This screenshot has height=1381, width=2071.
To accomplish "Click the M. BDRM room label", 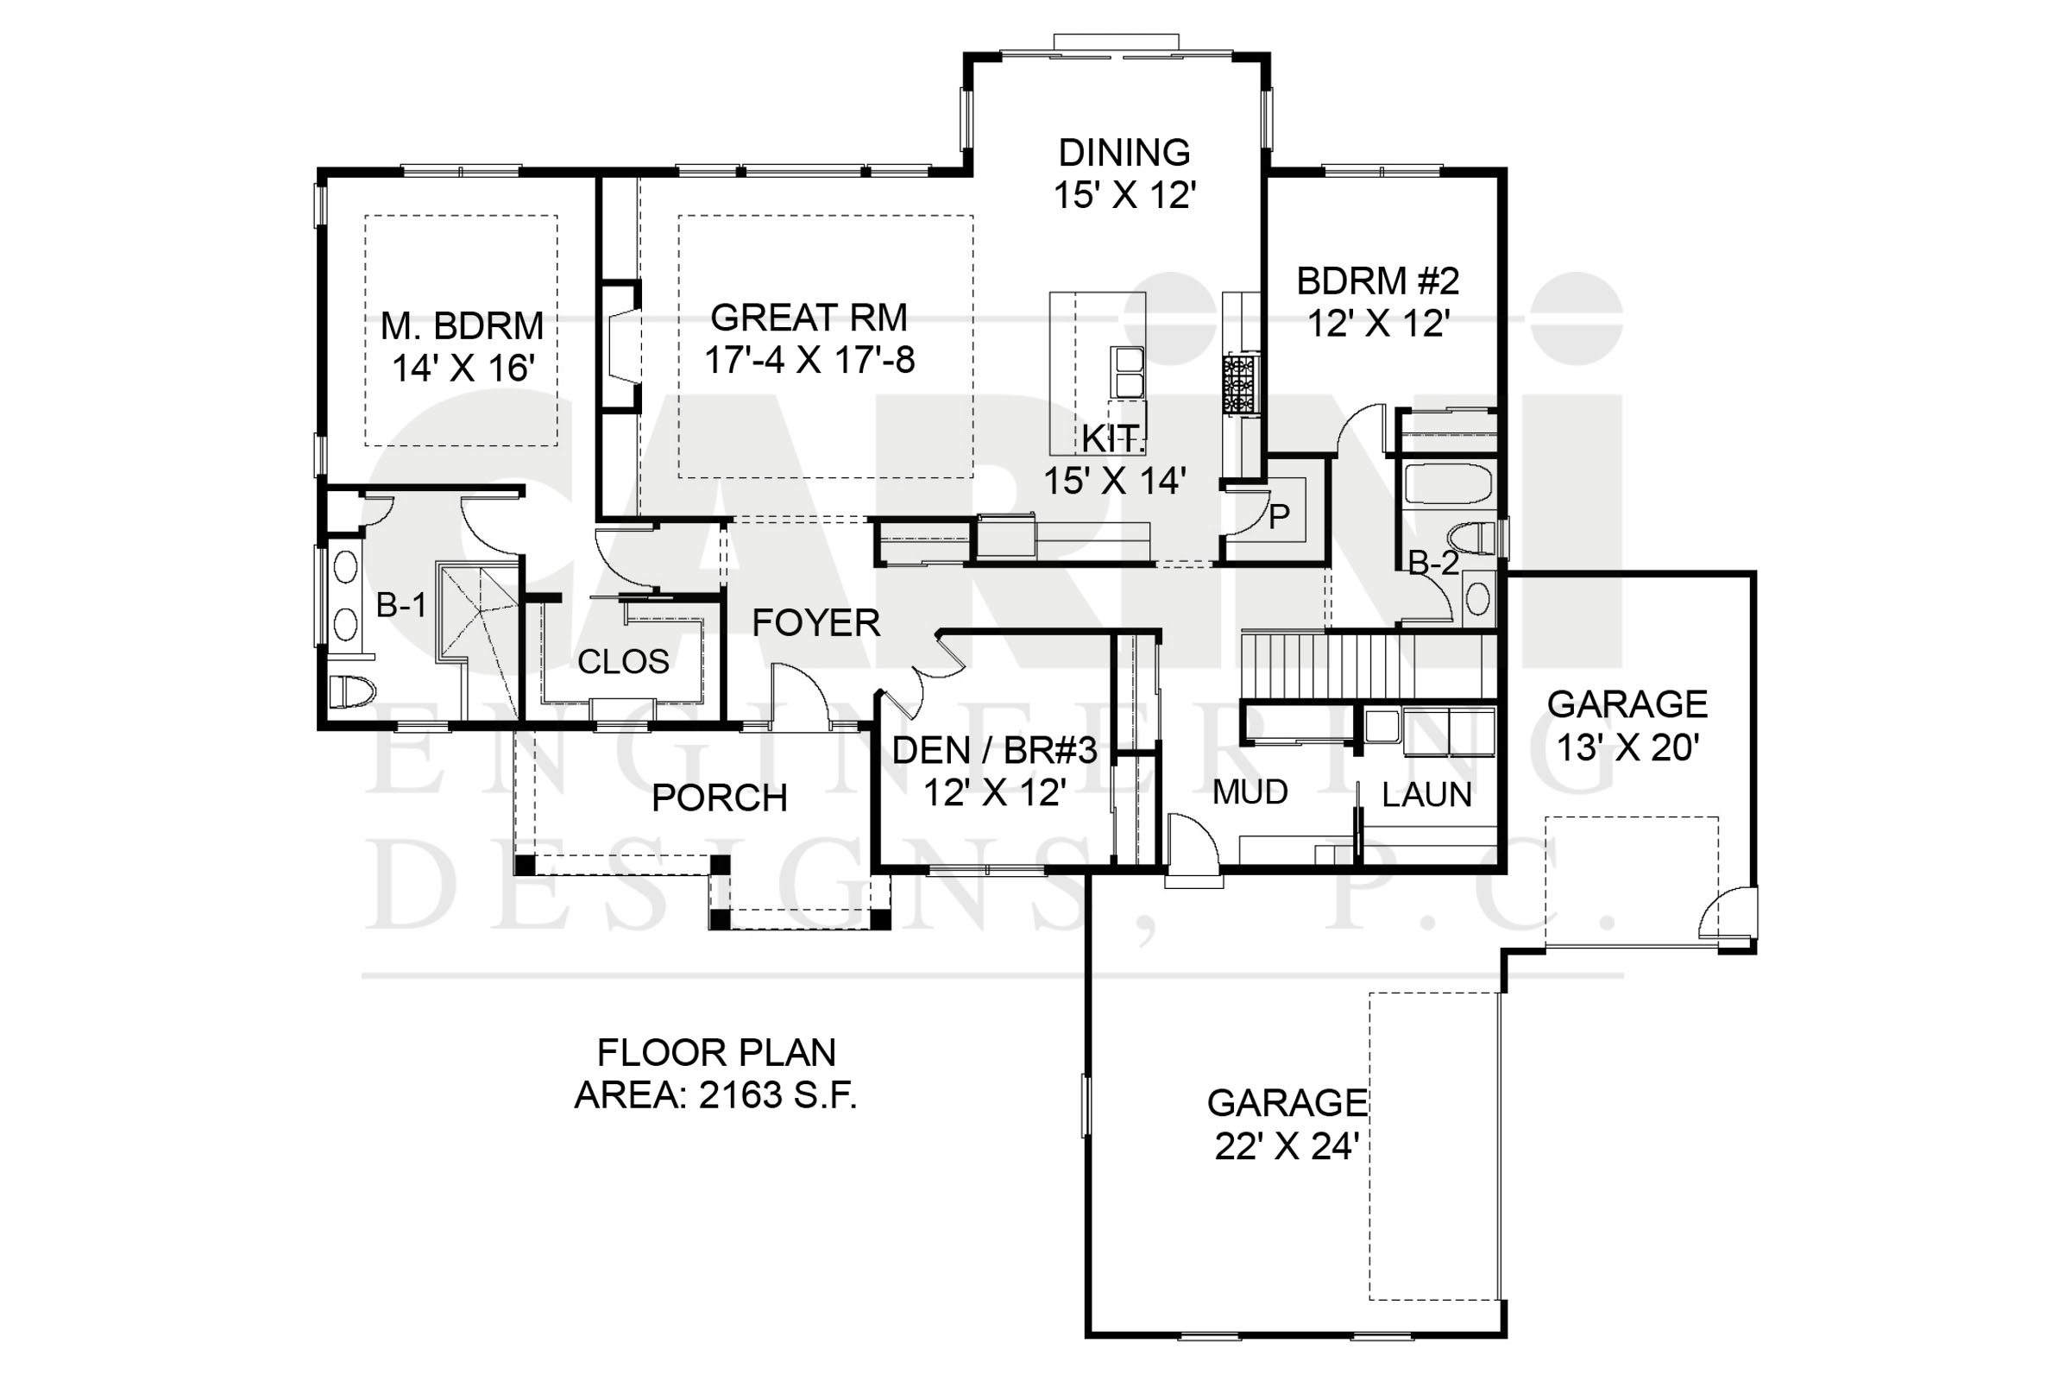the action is (463, 326).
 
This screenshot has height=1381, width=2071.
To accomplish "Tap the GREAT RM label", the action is (809, 317).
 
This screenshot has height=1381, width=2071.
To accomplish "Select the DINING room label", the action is (1124, 153).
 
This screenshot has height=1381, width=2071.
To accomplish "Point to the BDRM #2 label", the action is (1378, 281).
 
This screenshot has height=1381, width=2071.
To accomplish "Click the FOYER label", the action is (815, 623).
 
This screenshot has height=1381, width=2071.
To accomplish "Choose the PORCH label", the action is (720, 798).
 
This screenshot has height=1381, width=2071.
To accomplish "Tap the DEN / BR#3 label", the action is (994, 750).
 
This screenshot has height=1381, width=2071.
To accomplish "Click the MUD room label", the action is (1250, 792).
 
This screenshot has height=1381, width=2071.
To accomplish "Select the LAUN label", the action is (1426, 795).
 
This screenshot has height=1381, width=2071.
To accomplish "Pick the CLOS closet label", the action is (623, 661).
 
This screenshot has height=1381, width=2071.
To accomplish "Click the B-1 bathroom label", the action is (401, 605).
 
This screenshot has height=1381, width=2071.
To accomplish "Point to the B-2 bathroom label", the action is (1433, 563).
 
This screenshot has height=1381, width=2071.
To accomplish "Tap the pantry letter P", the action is (1279, 516).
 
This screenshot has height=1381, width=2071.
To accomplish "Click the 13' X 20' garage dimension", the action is (1627, 747).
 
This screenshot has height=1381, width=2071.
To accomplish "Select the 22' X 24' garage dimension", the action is (1288, 1147).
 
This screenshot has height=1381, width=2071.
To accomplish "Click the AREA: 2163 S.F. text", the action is (716, 1094).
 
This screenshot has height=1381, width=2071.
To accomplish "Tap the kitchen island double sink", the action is (1128, 373).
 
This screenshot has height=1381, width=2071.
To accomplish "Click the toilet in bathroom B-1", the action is (352, 691).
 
